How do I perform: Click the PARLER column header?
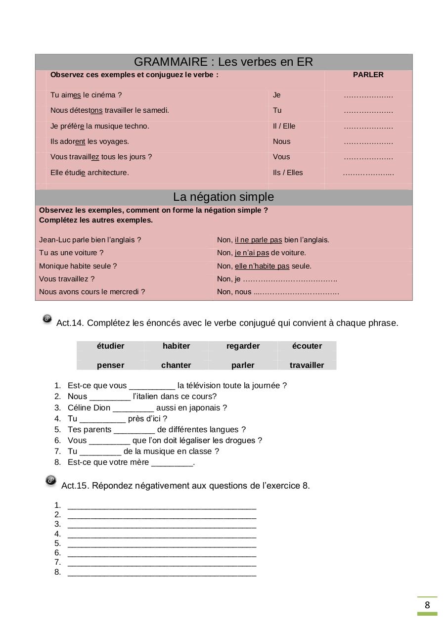[x=368, y=75]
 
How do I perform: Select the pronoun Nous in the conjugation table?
[x=281, y=141]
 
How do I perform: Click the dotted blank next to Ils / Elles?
[x=368, y=173]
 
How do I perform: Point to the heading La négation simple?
[x=223, y=197]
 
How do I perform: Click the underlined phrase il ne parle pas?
[x=258, y=240]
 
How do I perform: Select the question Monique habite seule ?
[x=78, y=266]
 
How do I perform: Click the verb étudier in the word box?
[x=110, y=346]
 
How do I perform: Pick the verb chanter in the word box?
[x=176, y=365]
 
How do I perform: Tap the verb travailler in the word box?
[x=307, y=365]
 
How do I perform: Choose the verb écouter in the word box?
[x=307, y=346]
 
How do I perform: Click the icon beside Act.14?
[x=47, y=319]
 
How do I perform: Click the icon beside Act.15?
[x=51, y=481]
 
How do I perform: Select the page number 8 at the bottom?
[x=427, y=605]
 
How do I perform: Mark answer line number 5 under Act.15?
[x=162, y=544]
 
